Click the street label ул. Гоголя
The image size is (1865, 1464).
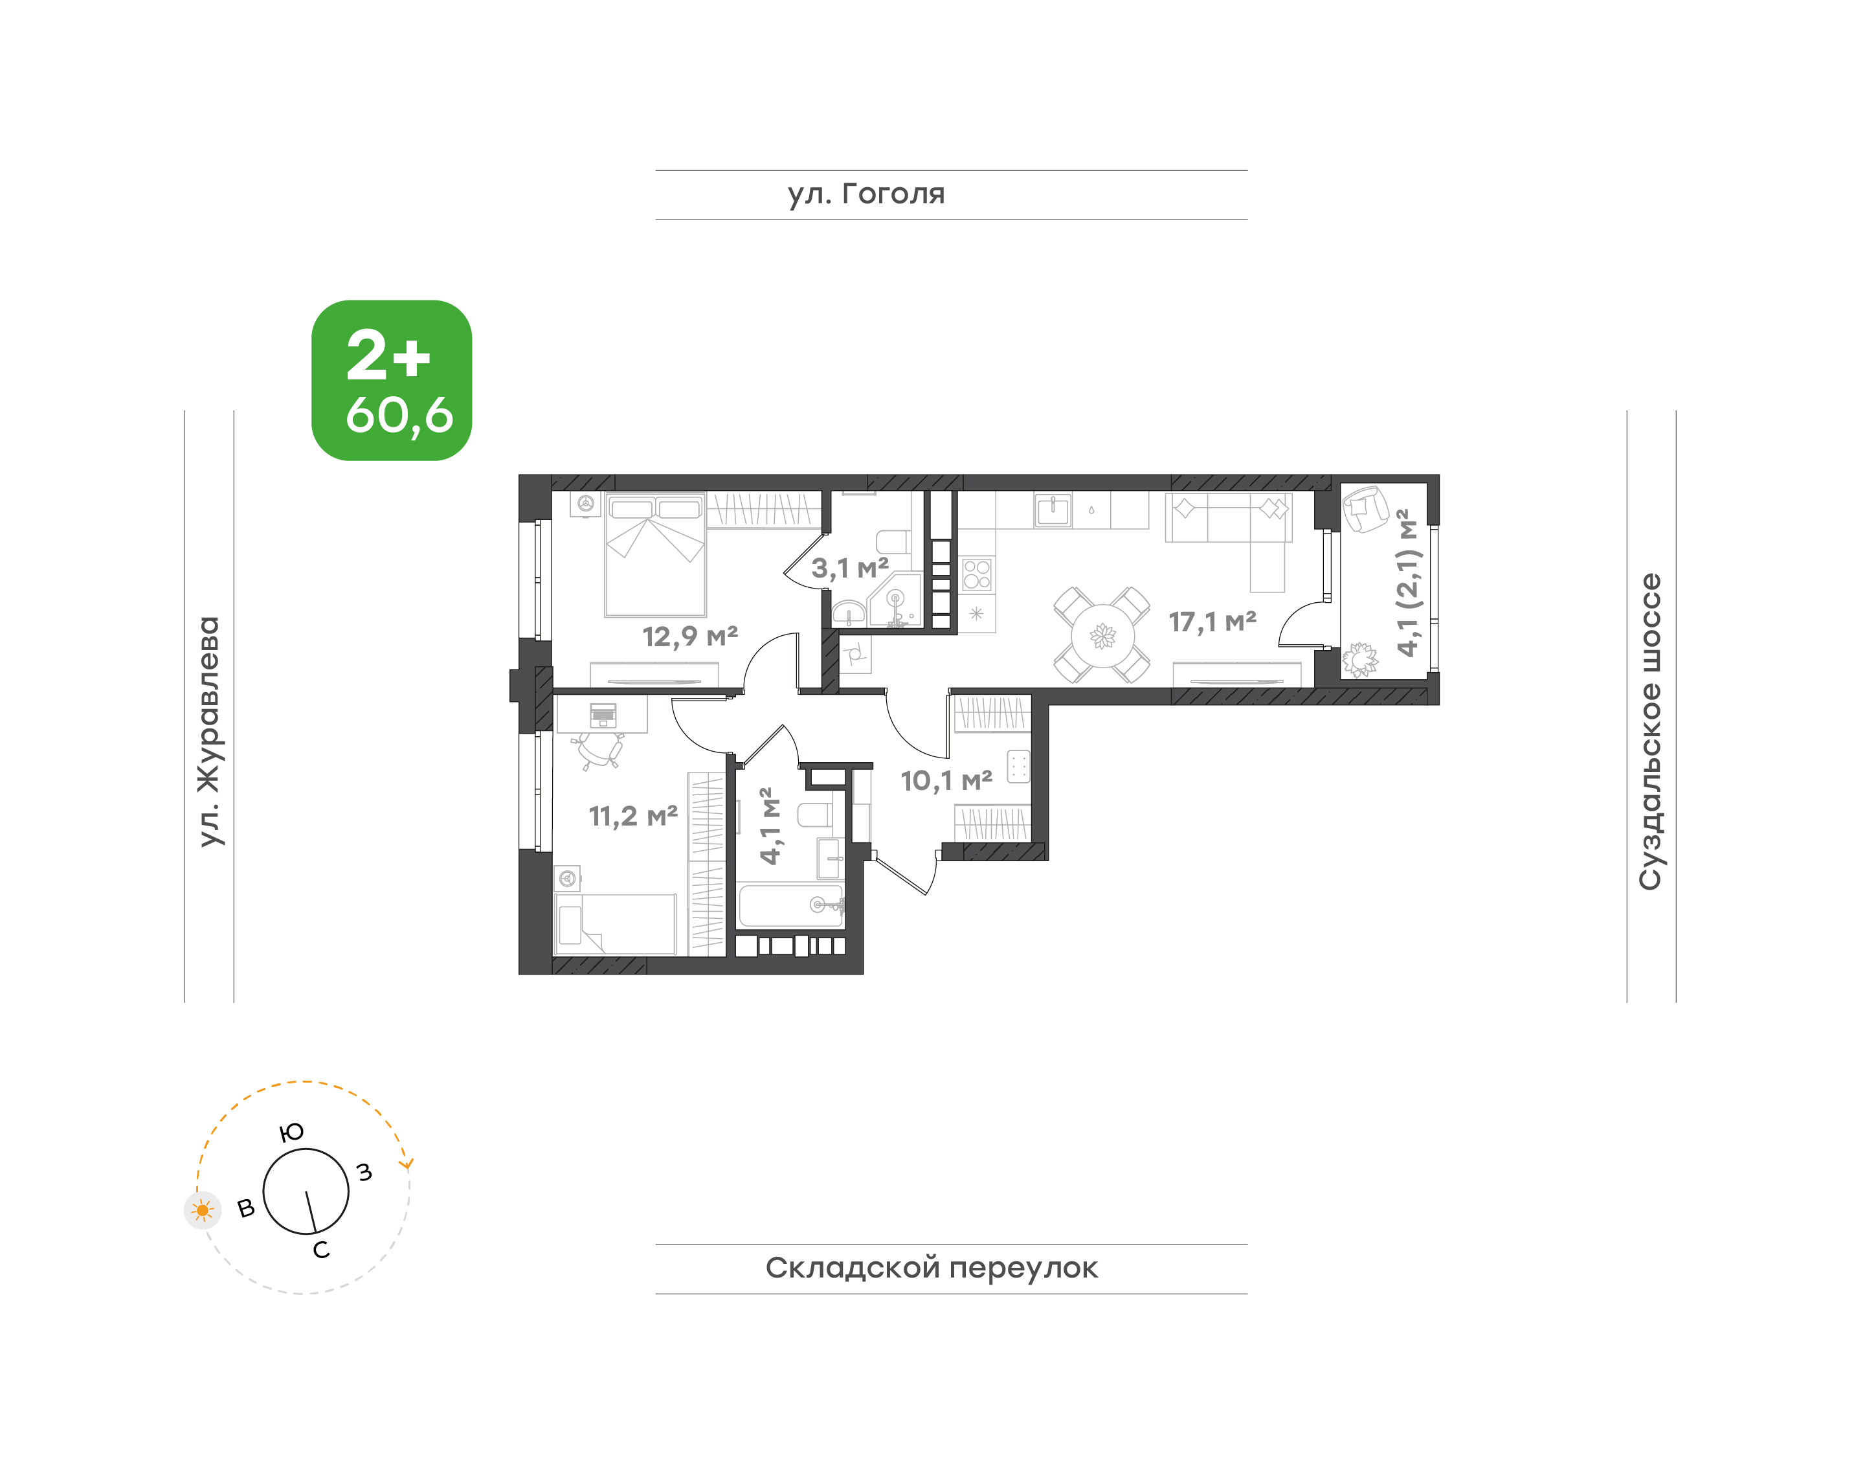tap(865, 194)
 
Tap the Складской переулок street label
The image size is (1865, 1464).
tap(931, 1268)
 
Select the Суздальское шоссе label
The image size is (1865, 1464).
tap(1650, 731)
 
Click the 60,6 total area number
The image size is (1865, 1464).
tap(399, 416)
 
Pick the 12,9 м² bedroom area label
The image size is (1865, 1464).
tap(690, 636)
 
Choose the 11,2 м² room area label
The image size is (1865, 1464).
tap(632, 816)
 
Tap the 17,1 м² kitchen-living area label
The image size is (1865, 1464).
tap(1212, 622)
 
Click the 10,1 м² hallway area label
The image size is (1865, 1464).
tap(946, 781)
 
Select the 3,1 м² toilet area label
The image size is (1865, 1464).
tap(849, 567)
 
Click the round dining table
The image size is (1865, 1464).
tap(1103, 636)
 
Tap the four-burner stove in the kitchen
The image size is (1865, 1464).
tap(977, 574)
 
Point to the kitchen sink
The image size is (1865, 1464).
tap(1053, 511)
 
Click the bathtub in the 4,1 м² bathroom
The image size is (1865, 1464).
tap(791, 905)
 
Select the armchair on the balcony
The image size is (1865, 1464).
tap(1365, 509)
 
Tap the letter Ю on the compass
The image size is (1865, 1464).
tap(292, 1133)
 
